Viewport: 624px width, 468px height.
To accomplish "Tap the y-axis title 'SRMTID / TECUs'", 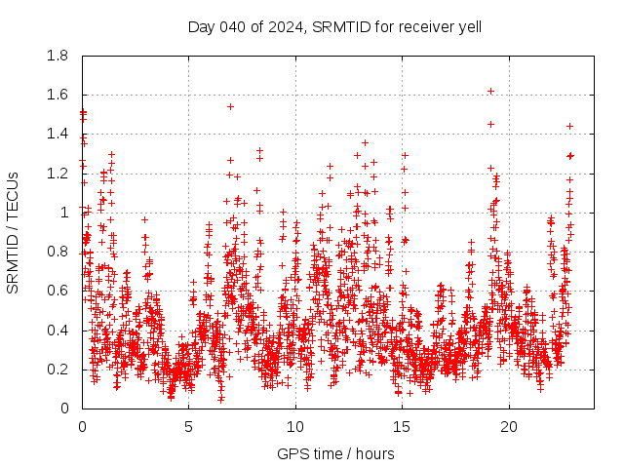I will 13,232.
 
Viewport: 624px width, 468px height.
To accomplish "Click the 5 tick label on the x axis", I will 189,426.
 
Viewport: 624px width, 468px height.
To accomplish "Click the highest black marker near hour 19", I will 490,91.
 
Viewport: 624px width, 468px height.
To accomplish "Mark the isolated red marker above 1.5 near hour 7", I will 230,106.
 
